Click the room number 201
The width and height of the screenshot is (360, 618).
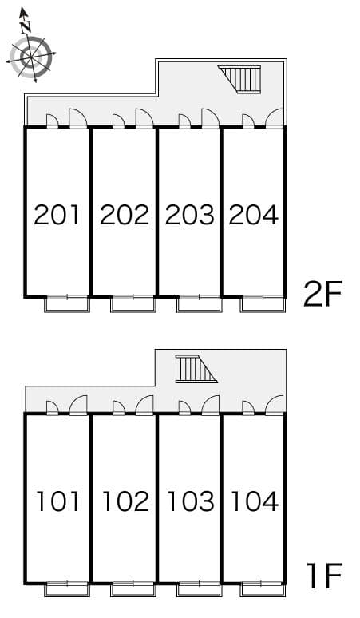click(x=57, y=215)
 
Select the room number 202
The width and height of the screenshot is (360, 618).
click(x=125, y=215)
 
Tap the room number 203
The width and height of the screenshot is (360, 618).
click(x=190, y=215)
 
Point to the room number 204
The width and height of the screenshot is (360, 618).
click(x=254, y=215)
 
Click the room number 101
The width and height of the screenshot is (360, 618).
click(x=58, y=501)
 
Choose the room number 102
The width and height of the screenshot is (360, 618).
click(x=125, y=501)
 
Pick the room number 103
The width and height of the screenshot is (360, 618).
click(x=191, y=501)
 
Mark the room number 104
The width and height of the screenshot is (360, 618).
click(x=255, y=501)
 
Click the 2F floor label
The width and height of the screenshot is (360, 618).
click(x=323, y=294)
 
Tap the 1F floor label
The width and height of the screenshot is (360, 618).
click(x=325, y=576)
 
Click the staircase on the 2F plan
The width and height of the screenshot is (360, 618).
click(x=240, y=80)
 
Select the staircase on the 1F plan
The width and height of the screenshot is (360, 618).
click(x=196, y=369)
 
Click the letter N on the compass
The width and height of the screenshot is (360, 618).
click(x=26, y=26)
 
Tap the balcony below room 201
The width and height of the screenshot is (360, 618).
click(x=67, y=304)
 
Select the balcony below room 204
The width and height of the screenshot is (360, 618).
click(x=263, y=304)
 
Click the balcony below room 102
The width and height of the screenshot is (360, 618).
click(x=133, y=589)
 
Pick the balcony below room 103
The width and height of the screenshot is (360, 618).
click(x=200, y=589)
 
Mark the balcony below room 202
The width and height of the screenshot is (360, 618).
click(x=133, y=304)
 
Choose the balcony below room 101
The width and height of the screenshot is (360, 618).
click(x=67, y=589)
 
